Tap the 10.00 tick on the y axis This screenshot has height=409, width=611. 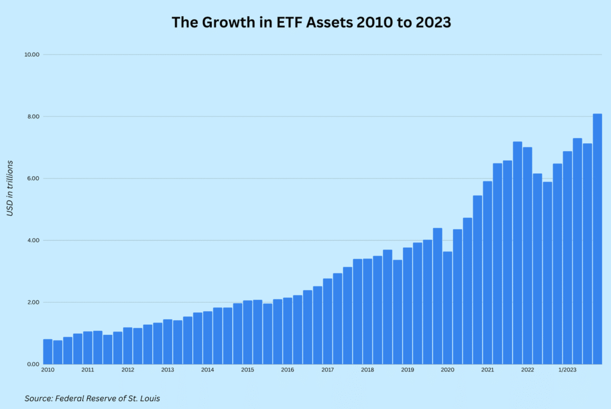coord(32,54)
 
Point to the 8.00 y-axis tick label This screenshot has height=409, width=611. coord(33,116)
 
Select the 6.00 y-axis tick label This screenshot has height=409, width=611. coord(33,179)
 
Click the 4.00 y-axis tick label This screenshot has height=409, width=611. coord(33,241)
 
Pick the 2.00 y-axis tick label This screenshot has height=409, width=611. coord(33,302)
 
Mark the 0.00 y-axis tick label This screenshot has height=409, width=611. coord(33,364)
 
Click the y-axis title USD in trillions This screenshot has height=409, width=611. coord(10,188)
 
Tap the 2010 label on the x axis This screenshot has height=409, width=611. coord(48,370)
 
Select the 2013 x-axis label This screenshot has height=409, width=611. coord(168,370)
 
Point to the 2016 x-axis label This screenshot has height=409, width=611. coord(288,370)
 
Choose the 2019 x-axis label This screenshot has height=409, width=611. coord(408,370)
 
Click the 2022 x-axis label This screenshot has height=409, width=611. coord(527,370)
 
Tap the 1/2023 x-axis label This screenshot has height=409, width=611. coord(566,370)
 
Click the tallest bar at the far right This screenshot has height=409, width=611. coord(597,239)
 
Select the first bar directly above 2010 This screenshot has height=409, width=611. coord(48,352)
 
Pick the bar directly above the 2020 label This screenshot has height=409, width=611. coord(448,307)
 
